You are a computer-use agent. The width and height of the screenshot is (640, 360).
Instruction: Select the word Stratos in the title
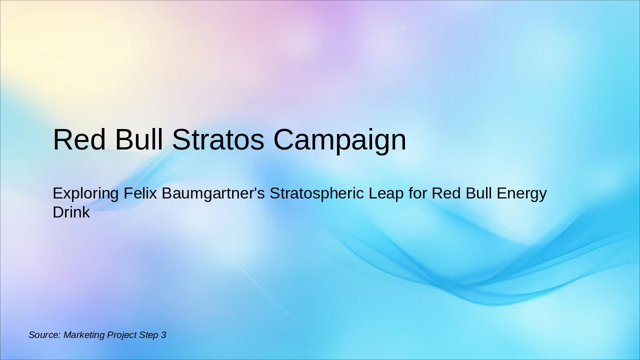tap(218, 140)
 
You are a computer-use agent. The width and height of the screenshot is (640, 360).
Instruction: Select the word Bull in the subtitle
tap(478, 193)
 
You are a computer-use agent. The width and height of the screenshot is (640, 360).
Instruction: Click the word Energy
tap(522, 193)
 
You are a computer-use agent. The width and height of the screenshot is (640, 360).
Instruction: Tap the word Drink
tap(71, 212)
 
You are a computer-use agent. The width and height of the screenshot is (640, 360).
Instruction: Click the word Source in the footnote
tap(44, 335)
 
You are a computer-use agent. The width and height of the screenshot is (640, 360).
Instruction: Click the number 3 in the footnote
tap(163, 335)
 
